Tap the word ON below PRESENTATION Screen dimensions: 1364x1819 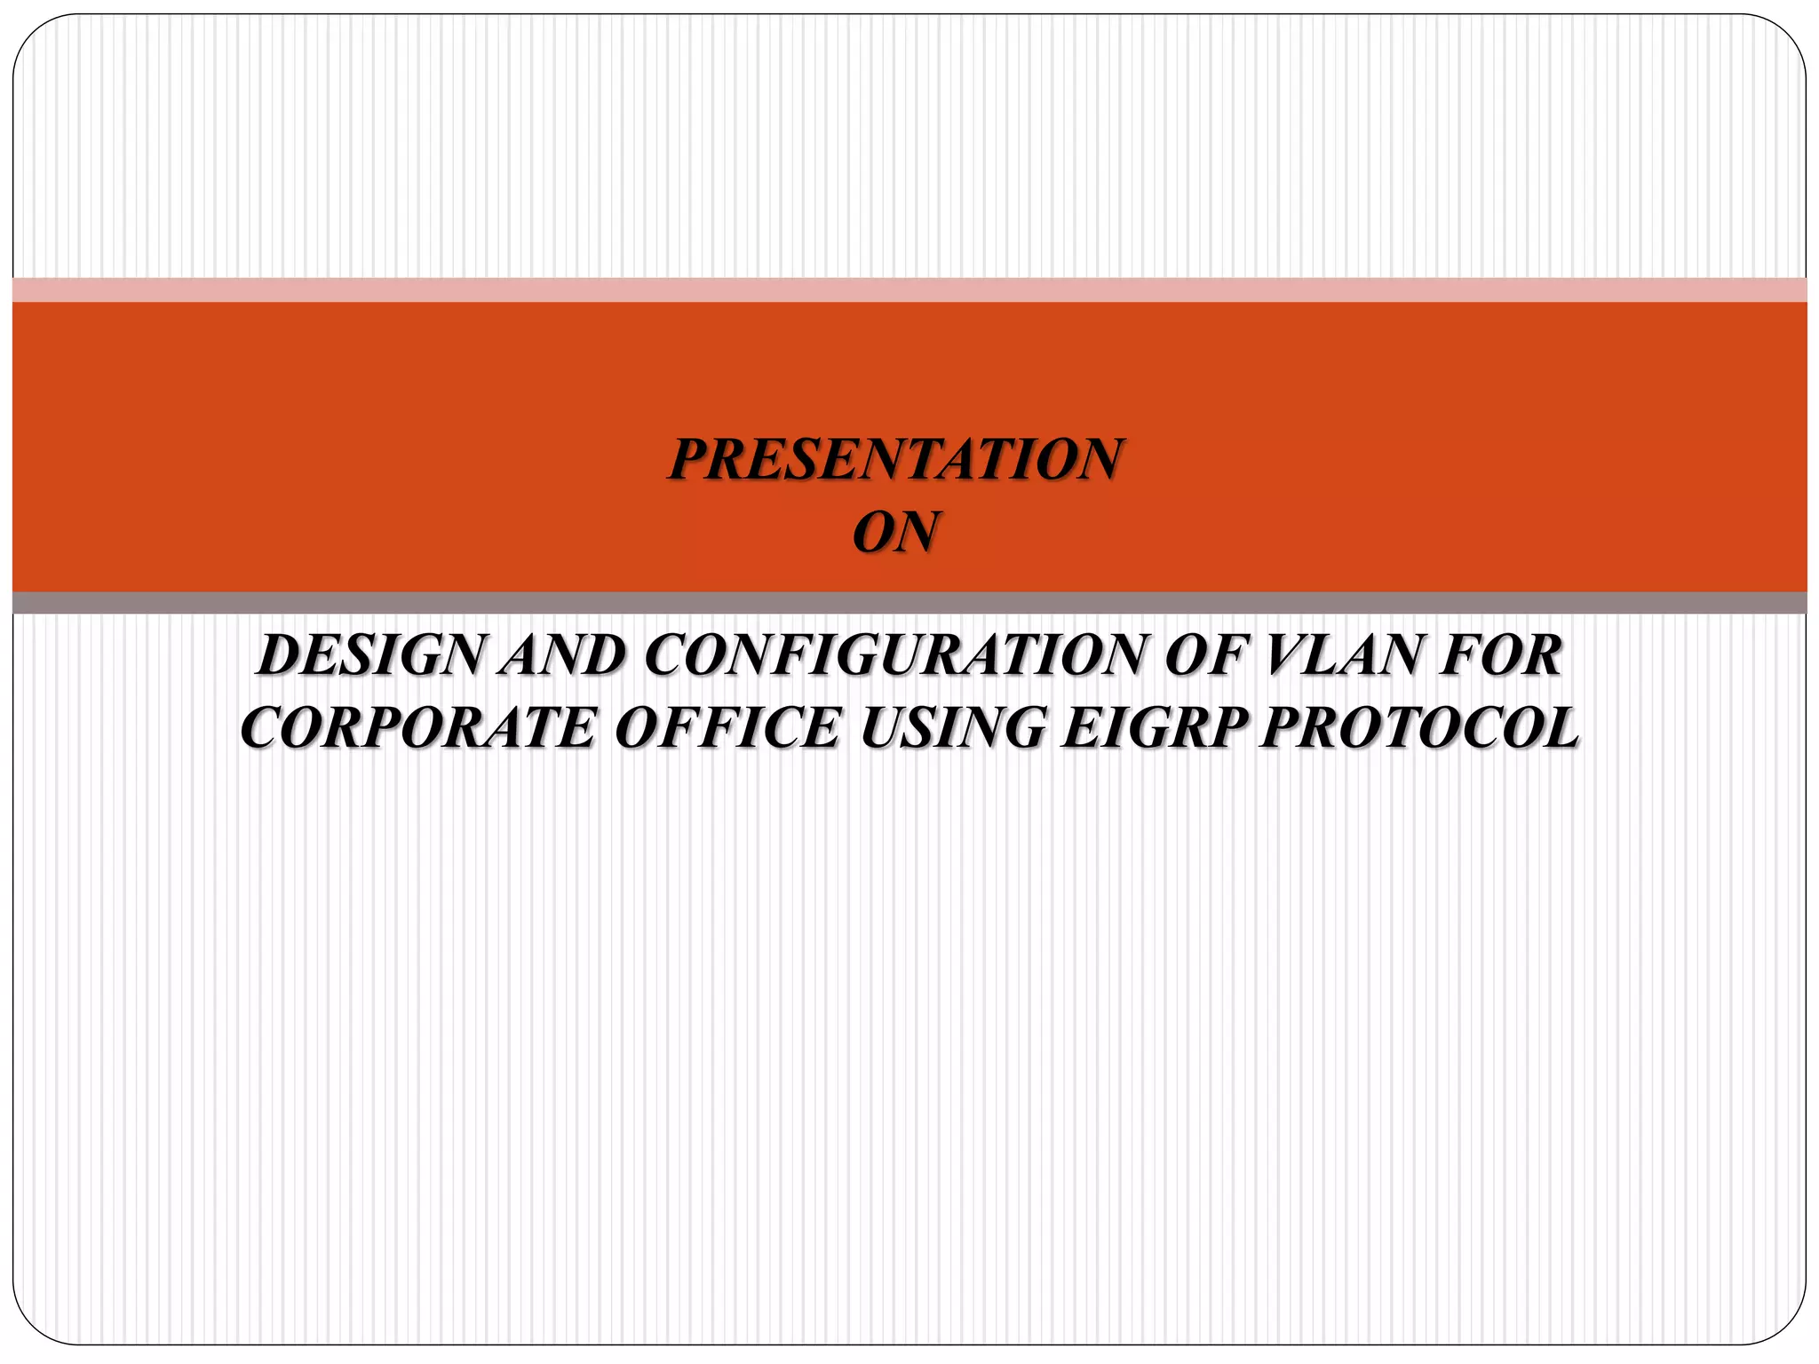pyautogui.click(x=896, y=532)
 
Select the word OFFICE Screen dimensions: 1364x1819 pyautogui.click(x=727, y=728)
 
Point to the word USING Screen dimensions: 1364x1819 pyautogui.click(x=949, y=728)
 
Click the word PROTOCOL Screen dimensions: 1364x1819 pyautogui.click(x=1419, y=728)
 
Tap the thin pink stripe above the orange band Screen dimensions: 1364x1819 pyautogui.click(x=909, y=290)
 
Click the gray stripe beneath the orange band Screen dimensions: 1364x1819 pyautogui.click(x=909, y=602)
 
